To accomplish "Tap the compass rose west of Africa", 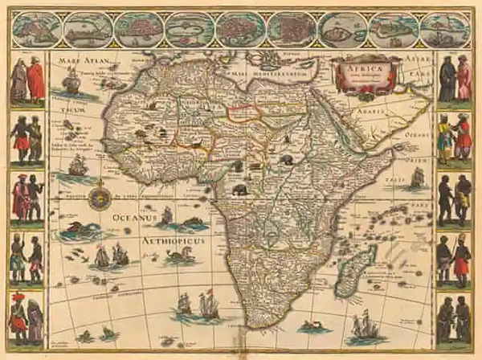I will (x=100, y=195).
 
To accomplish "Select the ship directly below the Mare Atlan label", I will (x=71, y=82).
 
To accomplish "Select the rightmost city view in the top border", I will (x=444, y=30).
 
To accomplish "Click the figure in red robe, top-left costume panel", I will (x=35, y=81).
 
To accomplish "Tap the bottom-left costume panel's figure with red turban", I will (x=18, y=315).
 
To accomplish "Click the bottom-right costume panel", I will (x=454, y=317).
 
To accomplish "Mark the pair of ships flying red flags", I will (x=198, y=306).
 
